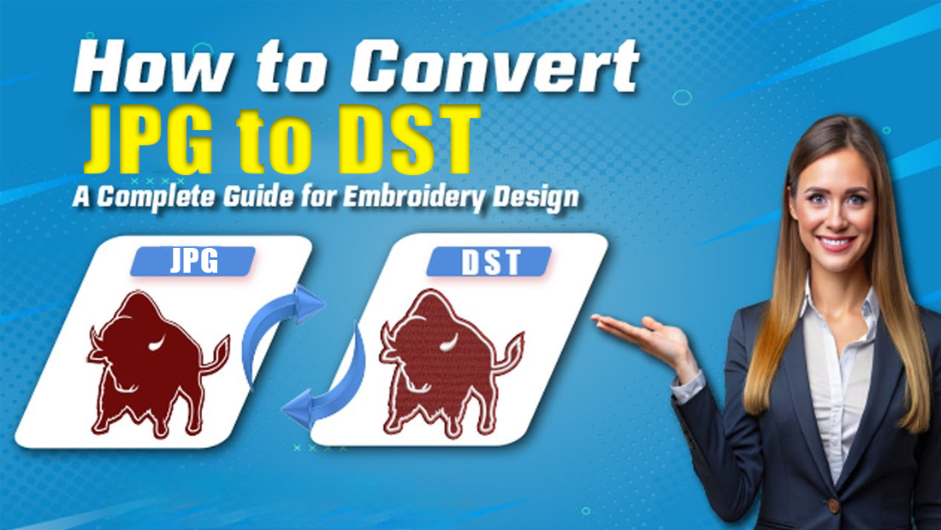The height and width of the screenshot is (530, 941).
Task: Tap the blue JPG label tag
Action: (192, 262)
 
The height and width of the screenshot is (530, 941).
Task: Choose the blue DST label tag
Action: (490, 262)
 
